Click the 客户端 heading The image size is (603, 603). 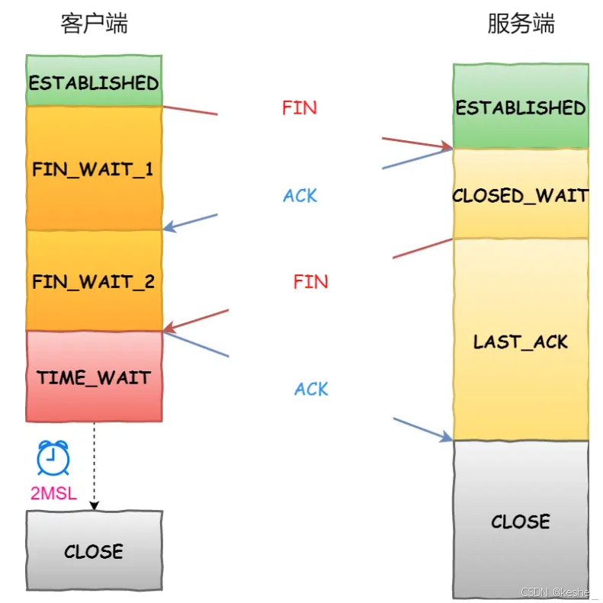click(94, 24)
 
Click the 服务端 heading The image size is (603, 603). click(521, 24)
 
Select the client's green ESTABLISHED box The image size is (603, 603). click(94, 82)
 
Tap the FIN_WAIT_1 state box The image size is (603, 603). click(94, 168)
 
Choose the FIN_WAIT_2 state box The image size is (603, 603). click(94, 281)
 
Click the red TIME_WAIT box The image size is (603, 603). click(94, 377)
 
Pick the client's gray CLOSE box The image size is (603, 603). click(94, 550)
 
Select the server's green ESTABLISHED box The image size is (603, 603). click(521, 107)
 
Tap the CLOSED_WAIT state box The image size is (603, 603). click(521, 194)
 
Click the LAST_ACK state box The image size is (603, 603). click(521, 341)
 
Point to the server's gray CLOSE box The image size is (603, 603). click(521, 521)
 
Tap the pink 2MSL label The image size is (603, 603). click(53, 493)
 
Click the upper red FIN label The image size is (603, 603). click(299, 108)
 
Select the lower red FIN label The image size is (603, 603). click(310, 282)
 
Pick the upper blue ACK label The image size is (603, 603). click(300, 196)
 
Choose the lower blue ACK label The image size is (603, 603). click(311, 390)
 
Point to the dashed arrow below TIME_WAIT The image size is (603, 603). click(94, 465)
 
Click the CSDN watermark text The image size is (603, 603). click(560, 592)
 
